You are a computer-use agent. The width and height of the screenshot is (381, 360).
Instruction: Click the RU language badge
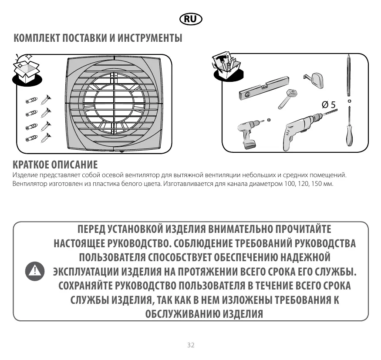click(x=190, y=19)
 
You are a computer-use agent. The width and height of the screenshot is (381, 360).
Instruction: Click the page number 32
click(x=190, y=345)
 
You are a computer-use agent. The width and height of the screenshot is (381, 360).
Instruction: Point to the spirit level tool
click(x=264, y=88)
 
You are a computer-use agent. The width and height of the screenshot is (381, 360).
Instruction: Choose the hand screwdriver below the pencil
click(x=349, y=128)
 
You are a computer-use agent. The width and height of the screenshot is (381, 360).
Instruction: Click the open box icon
click(x=26, y=69)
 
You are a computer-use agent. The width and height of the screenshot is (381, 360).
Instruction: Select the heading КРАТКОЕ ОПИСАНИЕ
click(x=55, y=165)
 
